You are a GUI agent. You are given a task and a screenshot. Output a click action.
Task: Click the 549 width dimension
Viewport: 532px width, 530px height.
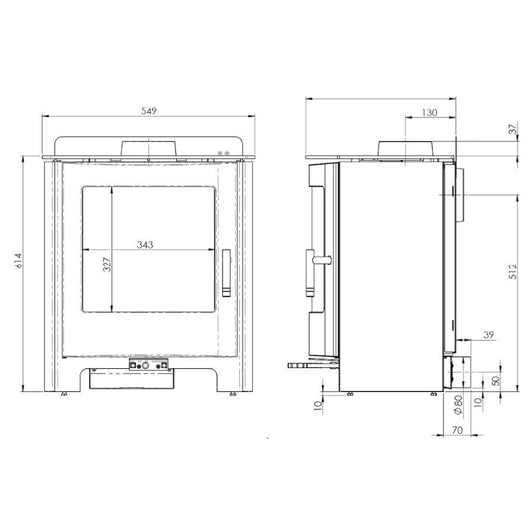[x=149, y=111]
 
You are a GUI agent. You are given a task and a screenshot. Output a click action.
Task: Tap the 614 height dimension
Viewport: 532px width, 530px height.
[x=19, y=261]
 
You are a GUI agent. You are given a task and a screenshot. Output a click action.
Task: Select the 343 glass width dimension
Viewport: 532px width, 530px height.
[x=145, y=245]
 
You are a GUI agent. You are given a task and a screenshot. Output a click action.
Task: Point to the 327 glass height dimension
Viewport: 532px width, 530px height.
[x=107, y=265]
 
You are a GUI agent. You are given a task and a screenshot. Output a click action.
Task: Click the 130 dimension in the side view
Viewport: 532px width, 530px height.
[x=429, y=113]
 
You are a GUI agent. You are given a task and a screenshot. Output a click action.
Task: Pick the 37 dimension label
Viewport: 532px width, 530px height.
[x=513, y=128]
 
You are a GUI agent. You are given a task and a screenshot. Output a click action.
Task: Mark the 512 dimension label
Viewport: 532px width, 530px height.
[x=513, y=271]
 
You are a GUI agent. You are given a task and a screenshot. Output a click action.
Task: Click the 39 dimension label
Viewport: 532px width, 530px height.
[x=488, y=335]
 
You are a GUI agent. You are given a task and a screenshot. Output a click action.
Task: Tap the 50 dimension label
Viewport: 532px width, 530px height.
[x=496, y=380]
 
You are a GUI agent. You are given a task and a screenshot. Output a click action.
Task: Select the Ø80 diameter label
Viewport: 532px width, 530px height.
[x=458, y=405]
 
